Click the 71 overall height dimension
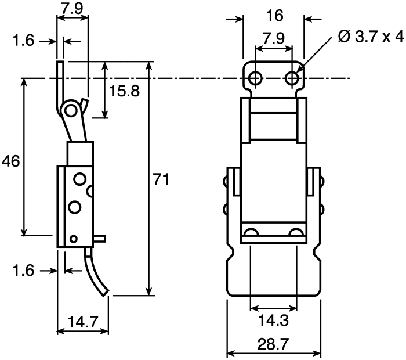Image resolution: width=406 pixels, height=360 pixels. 161,179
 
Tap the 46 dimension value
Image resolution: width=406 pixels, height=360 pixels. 11,161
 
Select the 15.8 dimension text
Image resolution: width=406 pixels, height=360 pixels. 124,91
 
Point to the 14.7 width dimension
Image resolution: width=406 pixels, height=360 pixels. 83,322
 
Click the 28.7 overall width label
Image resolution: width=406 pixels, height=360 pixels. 273,344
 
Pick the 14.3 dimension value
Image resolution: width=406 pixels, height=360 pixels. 273,321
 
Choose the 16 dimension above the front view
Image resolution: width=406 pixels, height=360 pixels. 275,16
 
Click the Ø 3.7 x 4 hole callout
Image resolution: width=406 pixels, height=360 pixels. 371,37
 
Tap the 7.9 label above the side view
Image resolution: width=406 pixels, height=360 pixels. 72,9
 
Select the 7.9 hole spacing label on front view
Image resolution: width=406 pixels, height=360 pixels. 273,38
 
